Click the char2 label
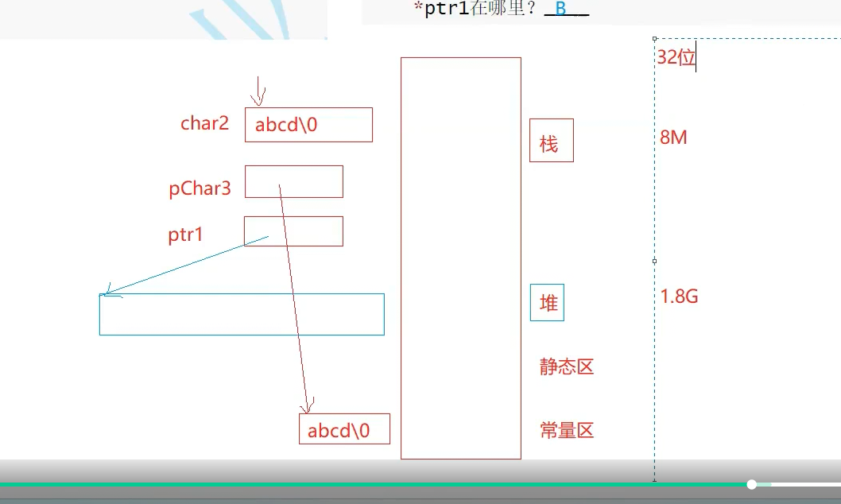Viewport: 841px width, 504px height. (204, 123)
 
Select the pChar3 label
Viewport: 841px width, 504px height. (200, 188)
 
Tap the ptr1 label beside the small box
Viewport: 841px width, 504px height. (186, 235)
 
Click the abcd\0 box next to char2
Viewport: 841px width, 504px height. (308, 125)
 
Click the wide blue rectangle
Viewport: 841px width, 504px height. (242, 314)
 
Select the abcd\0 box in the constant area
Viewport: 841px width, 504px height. (344, 429)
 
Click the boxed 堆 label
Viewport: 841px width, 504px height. (547, 303)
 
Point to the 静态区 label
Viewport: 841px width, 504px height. (567, 367)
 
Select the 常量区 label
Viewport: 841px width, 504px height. (567, 431)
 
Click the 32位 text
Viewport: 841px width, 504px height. (676, 57)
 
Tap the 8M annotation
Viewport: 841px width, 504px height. (673, 138)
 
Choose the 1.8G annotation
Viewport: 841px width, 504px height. (679, 297)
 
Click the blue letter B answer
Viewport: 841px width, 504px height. (560, 10)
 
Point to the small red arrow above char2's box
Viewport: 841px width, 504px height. (258, 91)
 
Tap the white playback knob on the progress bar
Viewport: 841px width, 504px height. (752, 484)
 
